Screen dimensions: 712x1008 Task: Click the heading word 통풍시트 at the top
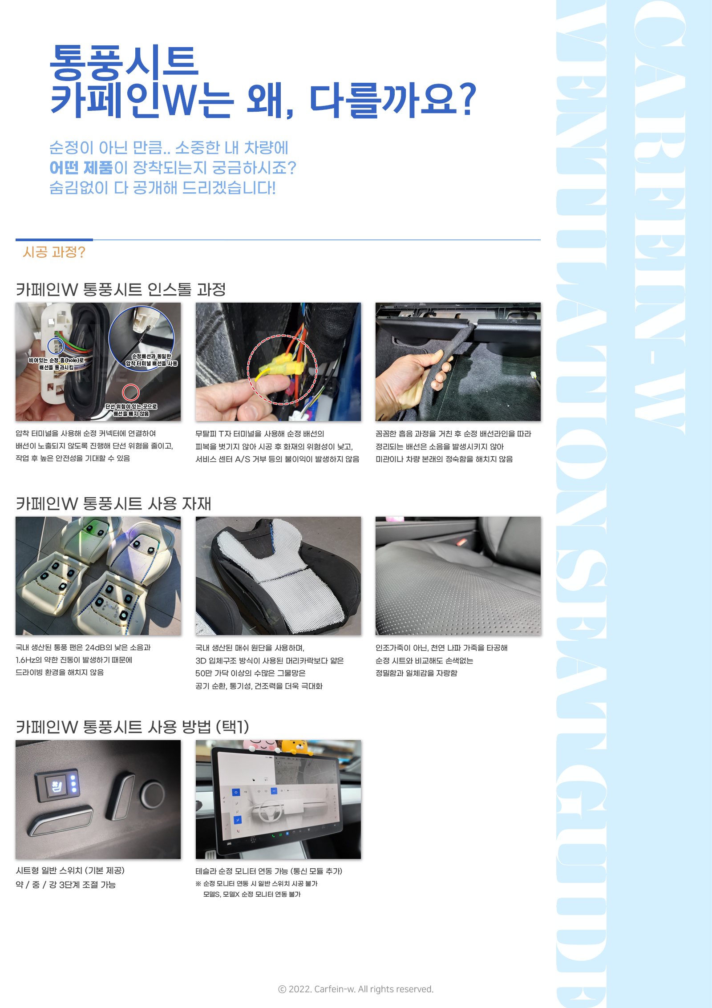coord(124,62)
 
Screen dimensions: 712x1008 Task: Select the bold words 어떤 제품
coord(81,168)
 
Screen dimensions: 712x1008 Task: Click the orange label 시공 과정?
coord(54,252)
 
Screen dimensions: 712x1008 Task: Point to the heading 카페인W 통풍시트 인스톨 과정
coord(121,290)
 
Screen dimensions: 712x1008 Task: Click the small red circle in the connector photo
coord(131,392)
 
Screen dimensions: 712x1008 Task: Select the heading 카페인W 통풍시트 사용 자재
coord(113,504)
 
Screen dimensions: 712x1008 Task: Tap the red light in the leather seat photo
coord(461,542)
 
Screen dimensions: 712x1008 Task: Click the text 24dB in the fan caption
coord(95,648)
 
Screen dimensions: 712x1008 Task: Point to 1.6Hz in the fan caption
coord(25,660)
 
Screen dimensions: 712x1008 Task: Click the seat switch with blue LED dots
coord(58,785)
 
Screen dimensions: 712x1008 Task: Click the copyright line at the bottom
coord(356,989)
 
